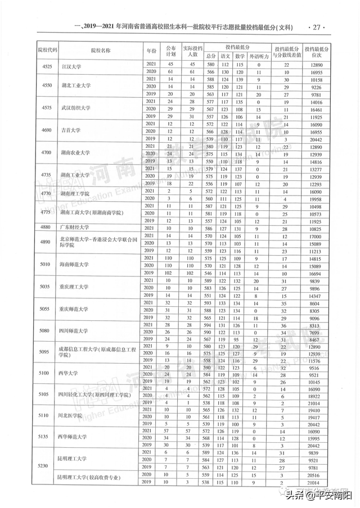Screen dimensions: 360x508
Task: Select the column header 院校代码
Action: (x=47, y=50)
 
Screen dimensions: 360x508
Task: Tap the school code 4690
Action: (x=47, y=130)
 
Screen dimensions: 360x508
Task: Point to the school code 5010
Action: (x=47, y=264)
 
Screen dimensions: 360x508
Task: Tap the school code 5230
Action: (x=47, y=466)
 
